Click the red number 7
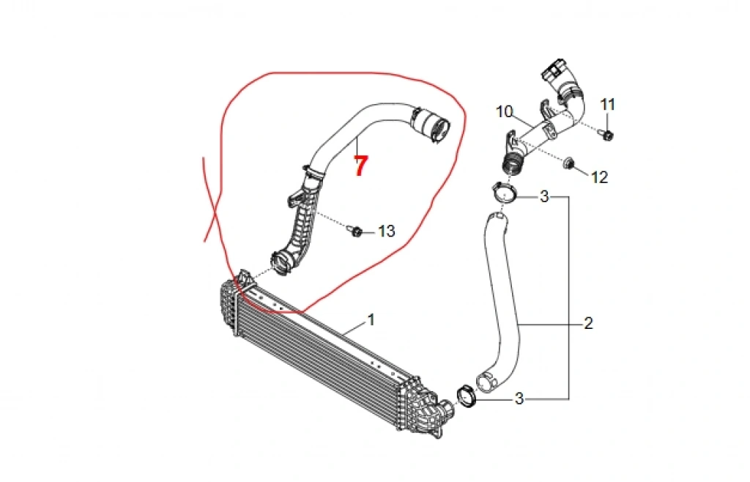360,166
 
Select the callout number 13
386,231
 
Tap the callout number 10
505,111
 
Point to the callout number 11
608,105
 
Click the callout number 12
599,177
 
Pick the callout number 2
588,323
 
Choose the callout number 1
371,320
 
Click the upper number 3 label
544,196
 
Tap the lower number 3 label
519,398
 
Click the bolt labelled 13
355,231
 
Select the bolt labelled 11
608,133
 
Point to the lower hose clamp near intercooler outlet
465,395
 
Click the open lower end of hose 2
485,382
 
